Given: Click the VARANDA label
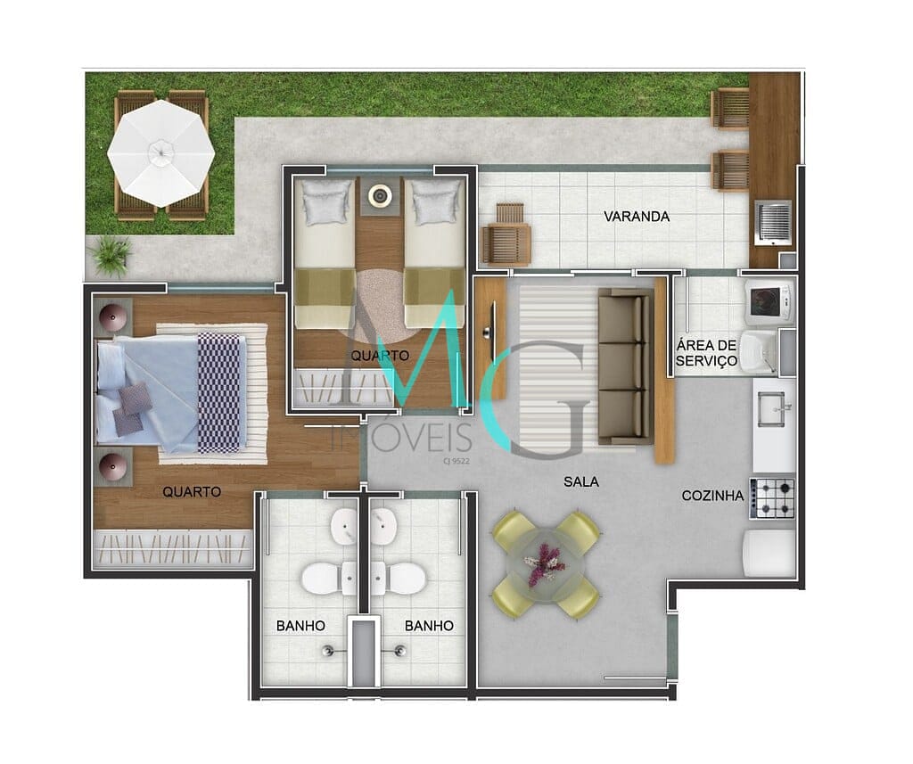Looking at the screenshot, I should [636, 217].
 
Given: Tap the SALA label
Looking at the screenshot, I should [580, 482].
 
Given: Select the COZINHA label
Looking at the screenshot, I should [712, 496].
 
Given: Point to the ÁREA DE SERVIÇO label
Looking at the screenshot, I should [706, 353].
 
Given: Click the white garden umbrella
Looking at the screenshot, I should [161, 150].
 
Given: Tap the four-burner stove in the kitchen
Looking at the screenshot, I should [772, 498].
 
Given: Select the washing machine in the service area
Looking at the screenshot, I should [768, 301].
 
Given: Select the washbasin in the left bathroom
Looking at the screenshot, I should [344, 527].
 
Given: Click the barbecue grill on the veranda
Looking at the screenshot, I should [773, 222].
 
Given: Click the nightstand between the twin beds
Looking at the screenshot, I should [381, 195].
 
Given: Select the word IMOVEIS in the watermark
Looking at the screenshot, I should [400, 438].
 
